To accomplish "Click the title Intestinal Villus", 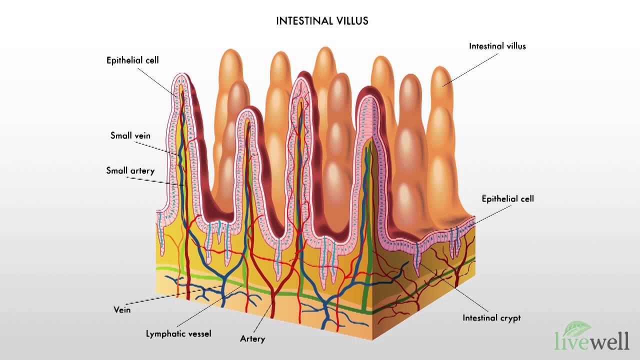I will (322, 21).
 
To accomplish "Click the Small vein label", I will (130, 135).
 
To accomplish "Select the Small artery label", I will (130, 170).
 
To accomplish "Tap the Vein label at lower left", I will (122, 310).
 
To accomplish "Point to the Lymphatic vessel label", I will (178, 333).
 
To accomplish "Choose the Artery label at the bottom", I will (252, 339).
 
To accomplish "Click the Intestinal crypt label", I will (491, 317).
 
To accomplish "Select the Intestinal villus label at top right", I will (497, 46).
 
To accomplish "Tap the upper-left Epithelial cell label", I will (132, 60).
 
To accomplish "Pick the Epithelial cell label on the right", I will (507, 198).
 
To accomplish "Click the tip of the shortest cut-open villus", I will (249, 113).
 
